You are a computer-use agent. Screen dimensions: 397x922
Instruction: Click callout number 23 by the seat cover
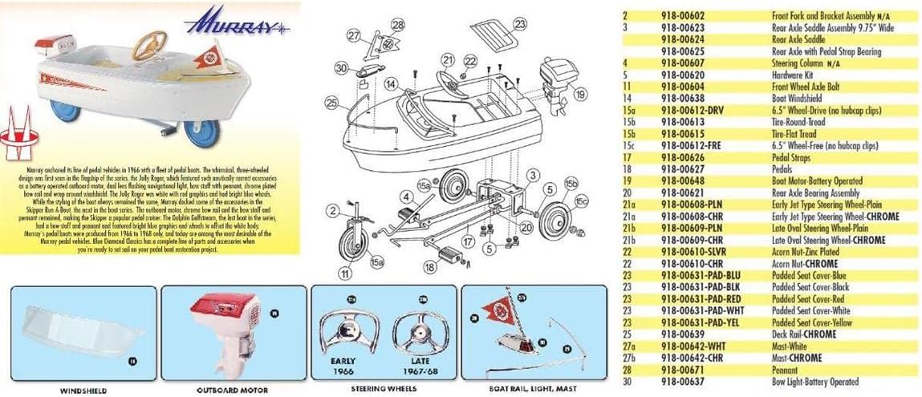coord(520,24)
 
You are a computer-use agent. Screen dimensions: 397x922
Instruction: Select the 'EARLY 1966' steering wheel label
coord(343,366)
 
